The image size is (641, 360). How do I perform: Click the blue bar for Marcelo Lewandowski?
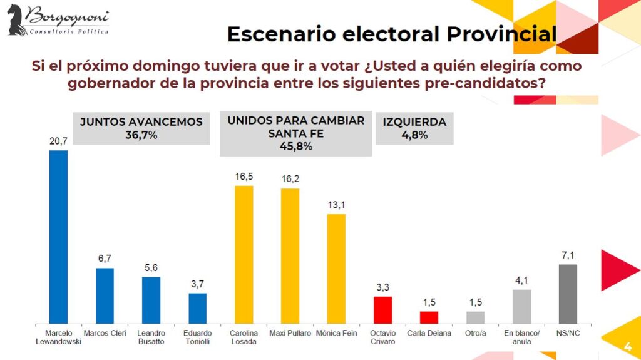pos(58,237)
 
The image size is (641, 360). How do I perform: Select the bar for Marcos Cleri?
pos(105,296)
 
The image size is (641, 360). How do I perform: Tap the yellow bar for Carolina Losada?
pos(244,255)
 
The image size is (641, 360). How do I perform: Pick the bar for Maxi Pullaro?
pos(290,256)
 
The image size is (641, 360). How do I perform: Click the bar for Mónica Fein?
pos(336,269)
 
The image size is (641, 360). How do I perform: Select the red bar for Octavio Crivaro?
pos(382,310)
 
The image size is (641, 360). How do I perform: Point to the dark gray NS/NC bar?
pos(568,294)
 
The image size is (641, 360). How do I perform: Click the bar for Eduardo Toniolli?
pos(197,309)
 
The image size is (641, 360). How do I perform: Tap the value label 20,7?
pos(58,141)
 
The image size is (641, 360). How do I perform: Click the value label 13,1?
pos(336,205)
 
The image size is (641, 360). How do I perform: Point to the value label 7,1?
pos(568,255)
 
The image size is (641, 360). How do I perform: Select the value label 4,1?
pos(521,280)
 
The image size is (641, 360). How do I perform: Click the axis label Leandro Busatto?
pos(151,337)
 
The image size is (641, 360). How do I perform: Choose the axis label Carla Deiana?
pos(429,334)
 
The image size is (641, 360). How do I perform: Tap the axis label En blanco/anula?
pos(521,337)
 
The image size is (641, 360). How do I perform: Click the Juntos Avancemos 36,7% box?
pos(141,128)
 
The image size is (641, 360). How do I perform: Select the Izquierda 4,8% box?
pos(414,128)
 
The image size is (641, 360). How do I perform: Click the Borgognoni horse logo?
pos(16,19)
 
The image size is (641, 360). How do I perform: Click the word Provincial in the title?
pos(501,34)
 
